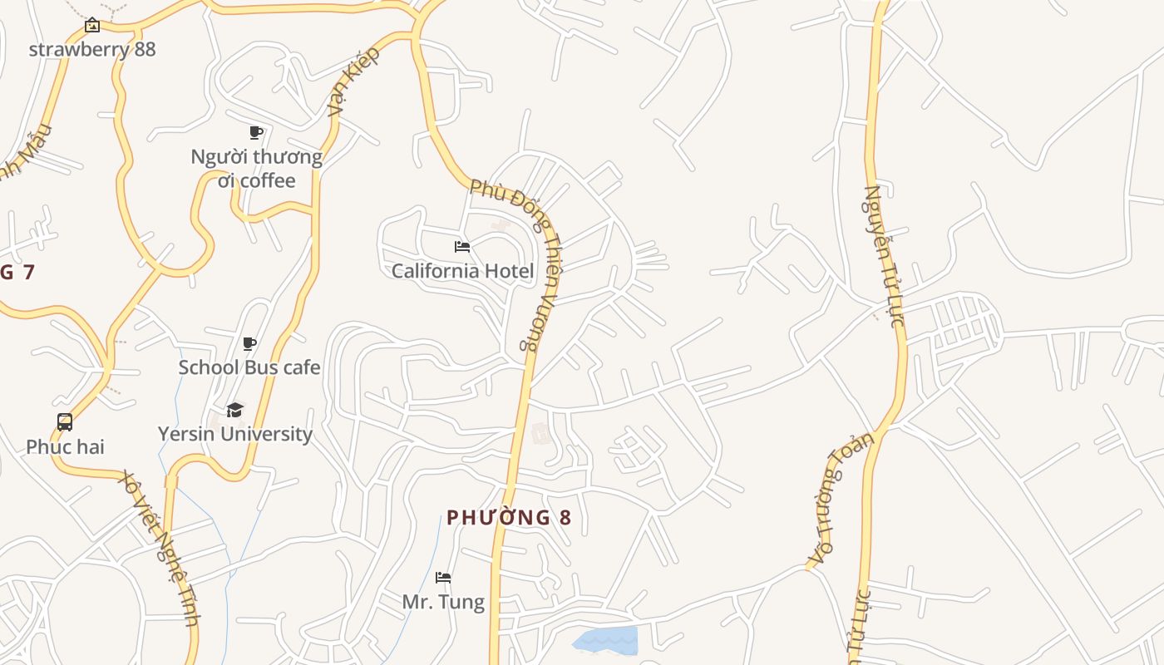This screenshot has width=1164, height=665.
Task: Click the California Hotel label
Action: coord(462,271)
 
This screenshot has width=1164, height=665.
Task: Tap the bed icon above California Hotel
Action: coord(462,247)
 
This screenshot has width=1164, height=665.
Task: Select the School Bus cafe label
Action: coord(249,367)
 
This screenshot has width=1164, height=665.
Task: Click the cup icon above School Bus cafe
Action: coord(249,343)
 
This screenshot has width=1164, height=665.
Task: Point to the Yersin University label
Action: coord(235,434)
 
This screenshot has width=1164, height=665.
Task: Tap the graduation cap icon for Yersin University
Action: coord(235,410)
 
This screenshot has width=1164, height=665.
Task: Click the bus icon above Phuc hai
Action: coord(65,422)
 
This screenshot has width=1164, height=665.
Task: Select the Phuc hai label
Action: coord(65,446)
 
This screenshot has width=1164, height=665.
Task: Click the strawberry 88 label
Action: coord(92,49)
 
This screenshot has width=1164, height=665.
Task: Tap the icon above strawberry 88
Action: coord(92,26)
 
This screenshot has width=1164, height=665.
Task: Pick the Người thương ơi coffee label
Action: coord(256,169)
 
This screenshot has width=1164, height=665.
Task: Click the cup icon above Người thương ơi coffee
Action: coord(256,132)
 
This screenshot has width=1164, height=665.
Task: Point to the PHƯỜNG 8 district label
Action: coord(509,518)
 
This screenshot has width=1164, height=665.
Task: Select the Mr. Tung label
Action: coord(443,601)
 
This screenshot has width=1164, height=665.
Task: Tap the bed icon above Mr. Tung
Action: coord(443,577)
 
